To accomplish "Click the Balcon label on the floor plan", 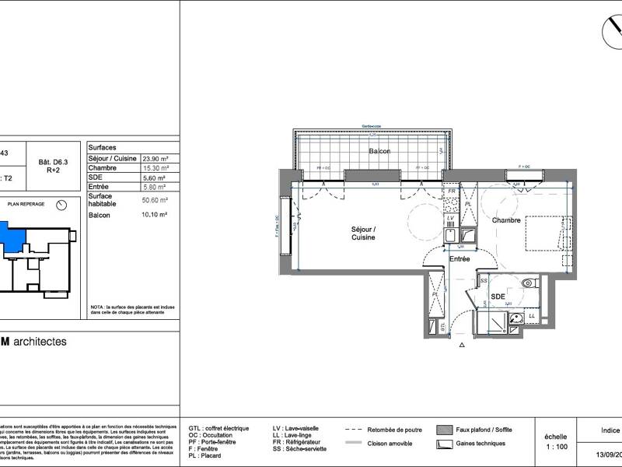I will (x=379, y=151).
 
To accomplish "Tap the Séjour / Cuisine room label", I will (x=363, y=233).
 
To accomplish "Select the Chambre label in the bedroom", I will (x=505, y=221).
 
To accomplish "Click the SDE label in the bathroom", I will (x=498, y=297).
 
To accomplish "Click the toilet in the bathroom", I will (x=528, y=284).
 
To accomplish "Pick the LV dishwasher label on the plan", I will (x=451, y=219).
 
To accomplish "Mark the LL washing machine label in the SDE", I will (x=532, y=315).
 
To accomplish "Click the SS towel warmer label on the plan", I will (x=484, y=281).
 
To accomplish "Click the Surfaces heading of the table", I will (x=103, y=146).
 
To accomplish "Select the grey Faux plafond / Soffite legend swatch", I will (x=444, y=429).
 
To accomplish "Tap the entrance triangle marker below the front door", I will (x=462, y=344).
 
